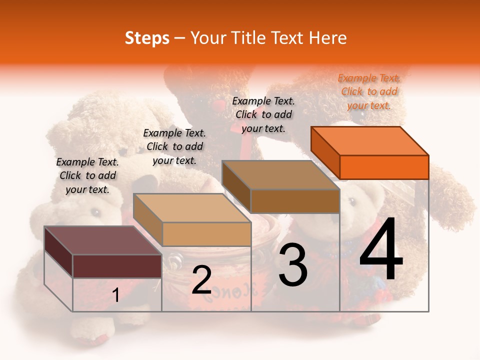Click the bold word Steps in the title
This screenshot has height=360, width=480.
(147, 38)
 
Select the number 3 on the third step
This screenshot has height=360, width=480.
(292, 265)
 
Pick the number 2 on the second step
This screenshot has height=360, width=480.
(201, 280)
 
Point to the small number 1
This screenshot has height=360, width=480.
(115, 295)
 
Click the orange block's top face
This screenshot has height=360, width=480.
(370, 140)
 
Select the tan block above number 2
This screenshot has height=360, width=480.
(192, 207)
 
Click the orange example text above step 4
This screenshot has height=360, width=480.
(369, 91)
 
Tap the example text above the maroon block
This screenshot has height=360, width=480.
(87, 175)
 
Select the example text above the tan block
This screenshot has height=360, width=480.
(174, 146)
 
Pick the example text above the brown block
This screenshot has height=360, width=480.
(263, 114)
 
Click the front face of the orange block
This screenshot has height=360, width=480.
(384, 167)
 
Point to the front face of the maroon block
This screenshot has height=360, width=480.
(117, 266)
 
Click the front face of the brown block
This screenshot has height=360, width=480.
(295, 201)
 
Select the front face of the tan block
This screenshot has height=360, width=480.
(206, 234)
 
